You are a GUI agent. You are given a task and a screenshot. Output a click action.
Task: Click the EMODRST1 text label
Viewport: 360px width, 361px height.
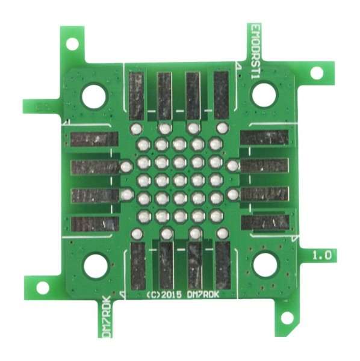point(255,51)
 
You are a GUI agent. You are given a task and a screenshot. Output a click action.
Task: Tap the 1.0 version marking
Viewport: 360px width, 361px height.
point(322,255)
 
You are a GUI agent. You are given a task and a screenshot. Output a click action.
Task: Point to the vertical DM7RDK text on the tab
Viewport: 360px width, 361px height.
point(107,316)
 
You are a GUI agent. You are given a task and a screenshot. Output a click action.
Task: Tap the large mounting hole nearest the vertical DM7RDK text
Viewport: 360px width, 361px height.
point(96,265)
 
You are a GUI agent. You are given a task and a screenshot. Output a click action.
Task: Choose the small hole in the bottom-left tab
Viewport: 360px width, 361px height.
point(43,287)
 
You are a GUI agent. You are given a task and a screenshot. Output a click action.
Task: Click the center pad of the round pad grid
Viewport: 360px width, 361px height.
point(179,179)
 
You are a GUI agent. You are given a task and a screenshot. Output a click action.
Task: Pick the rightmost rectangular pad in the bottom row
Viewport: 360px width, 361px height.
point(223,265)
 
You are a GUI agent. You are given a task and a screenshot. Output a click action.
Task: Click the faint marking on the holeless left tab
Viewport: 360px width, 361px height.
point(43,106)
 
